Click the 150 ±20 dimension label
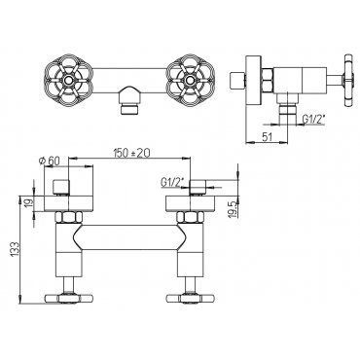point(131,152)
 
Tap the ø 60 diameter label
point(51,161)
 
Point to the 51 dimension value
point(267,136)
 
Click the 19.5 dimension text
point(234,208)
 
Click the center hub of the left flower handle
point(68,79)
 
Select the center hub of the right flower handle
point(190,79)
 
